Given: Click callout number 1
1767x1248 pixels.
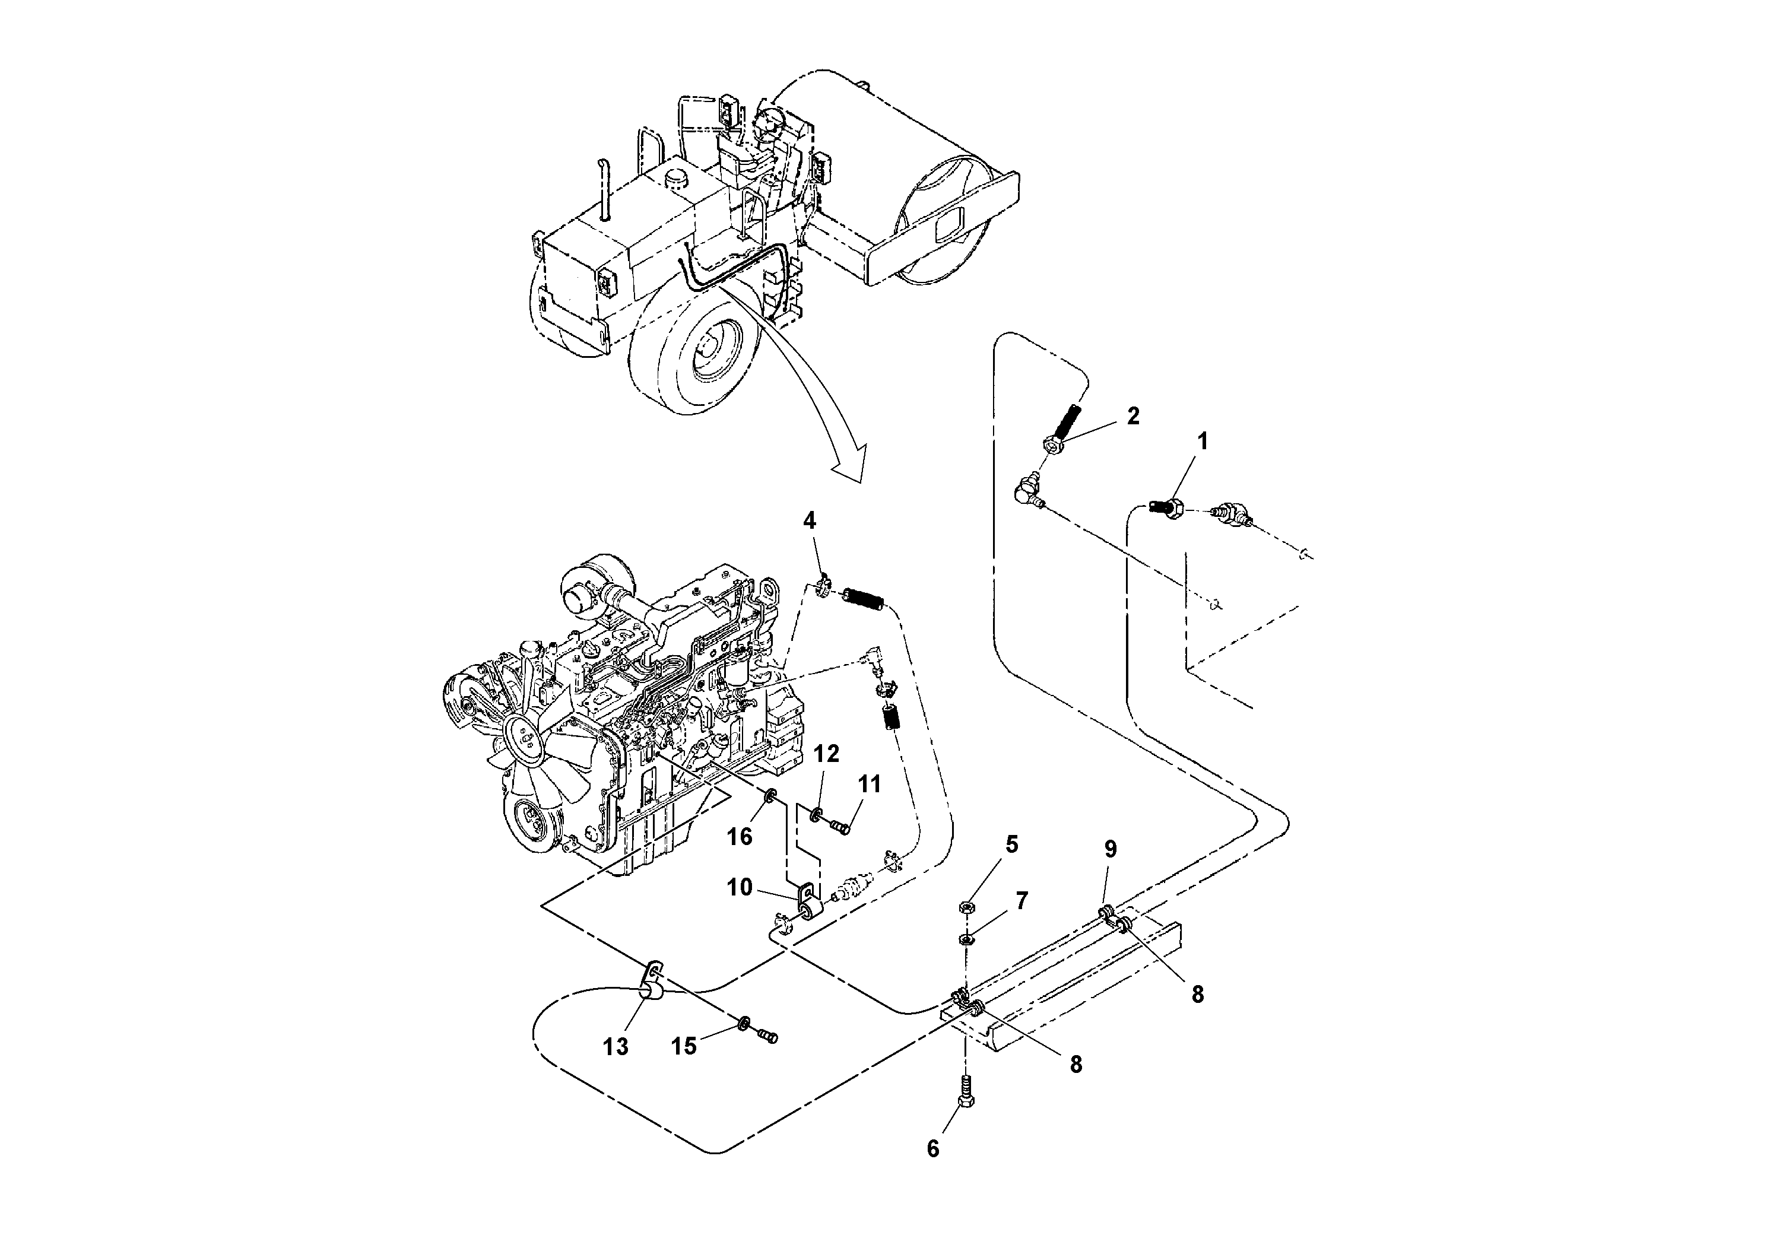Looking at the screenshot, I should point(1202,441).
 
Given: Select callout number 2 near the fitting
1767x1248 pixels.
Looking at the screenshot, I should point(1133,416).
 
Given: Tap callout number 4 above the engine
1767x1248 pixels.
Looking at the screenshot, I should point(809,521).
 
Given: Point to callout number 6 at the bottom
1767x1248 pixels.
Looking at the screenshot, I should point(932,1170).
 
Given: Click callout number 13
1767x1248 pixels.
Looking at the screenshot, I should point(616,1046).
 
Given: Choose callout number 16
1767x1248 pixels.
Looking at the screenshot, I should point(740,836).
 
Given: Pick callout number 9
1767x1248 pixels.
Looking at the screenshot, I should point(1111,849).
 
